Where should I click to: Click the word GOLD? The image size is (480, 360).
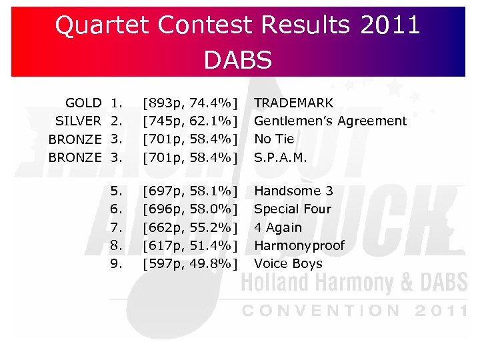[x=83, y=103]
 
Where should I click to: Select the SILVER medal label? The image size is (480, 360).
[x=78, y=121]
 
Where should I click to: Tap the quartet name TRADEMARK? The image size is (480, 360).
[x=294, y=103]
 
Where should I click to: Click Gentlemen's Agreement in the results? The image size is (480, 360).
[x=330, y=121]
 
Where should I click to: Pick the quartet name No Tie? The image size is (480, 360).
[x=274, y=139]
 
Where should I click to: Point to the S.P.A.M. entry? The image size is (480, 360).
[x=281, y=157]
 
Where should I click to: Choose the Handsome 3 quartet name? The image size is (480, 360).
[x=293, y=191]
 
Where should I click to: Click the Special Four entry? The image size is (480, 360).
[x=293, y=209]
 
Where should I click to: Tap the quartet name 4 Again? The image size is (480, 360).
[x=278, y=227]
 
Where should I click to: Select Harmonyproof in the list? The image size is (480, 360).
[x=299, y=245]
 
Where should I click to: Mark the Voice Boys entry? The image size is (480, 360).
[x=288, y=263]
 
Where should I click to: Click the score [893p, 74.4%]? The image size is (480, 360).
[x=191, y=103]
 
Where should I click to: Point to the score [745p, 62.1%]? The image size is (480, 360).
[x=191, y=121]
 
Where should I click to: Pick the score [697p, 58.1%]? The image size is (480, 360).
[x=191, y=191]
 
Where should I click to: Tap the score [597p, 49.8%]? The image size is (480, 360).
[x=191, y=263]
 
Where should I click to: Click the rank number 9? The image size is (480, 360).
[x=116, y=263]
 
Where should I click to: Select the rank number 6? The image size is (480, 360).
[x=116, y=209]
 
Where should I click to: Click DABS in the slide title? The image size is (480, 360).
[x=238, y=60]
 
